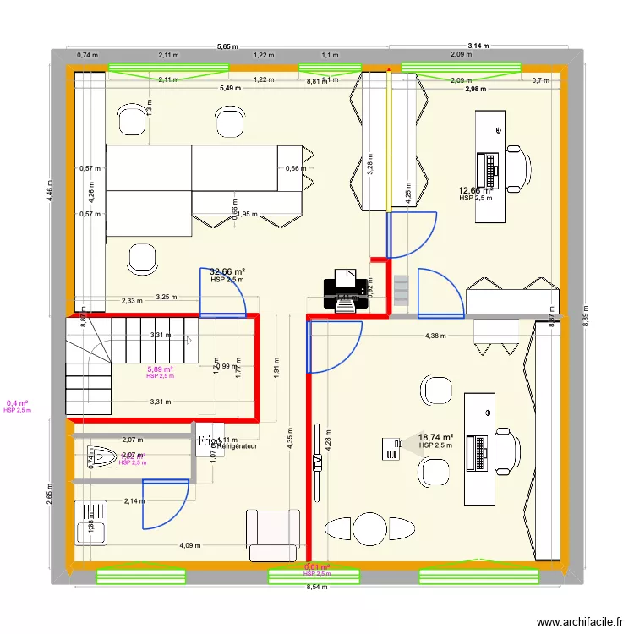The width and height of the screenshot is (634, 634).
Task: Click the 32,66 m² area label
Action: pos(227,271)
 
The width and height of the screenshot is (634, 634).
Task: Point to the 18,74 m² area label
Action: pos(437,437)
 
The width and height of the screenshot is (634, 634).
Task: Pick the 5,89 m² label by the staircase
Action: pos(160,369)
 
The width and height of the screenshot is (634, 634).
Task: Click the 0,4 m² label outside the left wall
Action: pos(17,403)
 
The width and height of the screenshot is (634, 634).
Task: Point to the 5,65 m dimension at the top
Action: pos(227,47)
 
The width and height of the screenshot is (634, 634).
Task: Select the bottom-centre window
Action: pos(314,576)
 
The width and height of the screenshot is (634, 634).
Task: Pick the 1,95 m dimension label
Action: pos(247,214)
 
